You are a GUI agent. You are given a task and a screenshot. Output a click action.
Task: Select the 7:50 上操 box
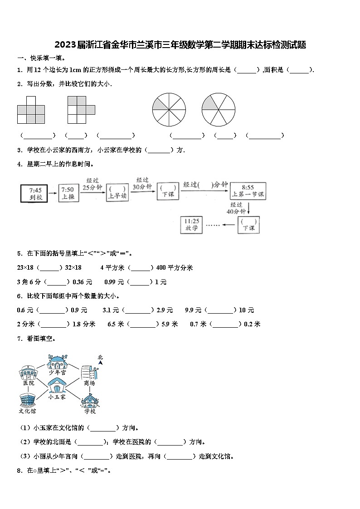coord(68,193)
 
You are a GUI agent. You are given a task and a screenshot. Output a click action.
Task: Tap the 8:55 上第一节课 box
coord(248,191)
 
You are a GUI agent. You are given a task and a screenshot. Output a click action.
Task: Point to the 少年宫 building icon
coord(58,363)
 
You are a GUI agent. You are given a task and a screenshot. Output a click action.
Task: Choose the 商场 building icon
coord(89,373)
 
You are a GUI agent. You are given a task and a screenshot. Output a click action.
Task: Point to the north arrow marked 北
coord(100,360)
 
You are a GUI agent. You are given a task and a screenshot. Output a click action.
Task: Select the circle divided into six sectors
coord(219,110)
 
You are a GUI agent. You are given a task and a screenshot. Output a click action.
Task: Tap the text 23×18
coord(25,268)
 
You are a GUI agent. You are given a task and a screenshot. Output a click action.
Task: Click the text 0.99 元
coord(114,282)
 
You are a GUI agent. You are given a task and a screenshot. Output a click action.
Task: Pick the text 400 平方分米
coord(175,268)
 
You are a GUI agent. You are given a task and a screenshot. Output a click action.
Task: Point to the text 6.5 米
coord(116,324)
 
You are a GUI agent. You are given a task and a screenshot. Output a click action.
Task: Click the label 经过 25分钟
coord(92,184)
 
